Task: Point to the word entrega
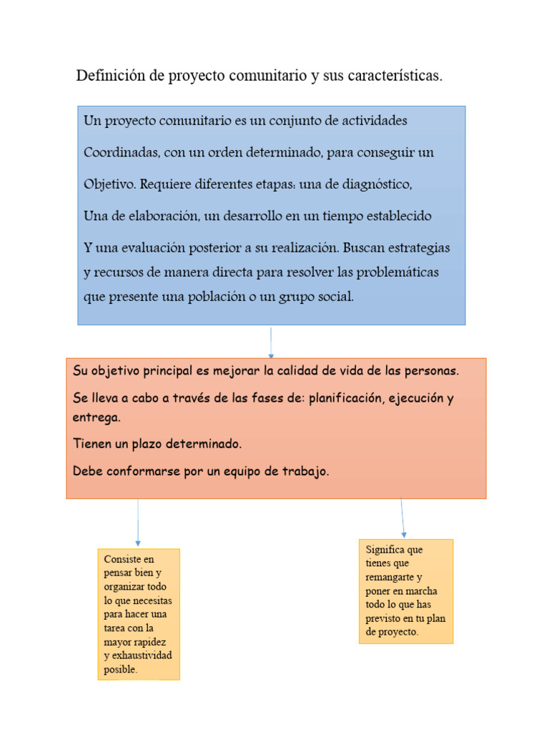click(96, 417)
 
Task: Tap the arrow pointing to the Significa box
click(402, 518)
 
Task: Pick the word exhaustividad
click(142, 656)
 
